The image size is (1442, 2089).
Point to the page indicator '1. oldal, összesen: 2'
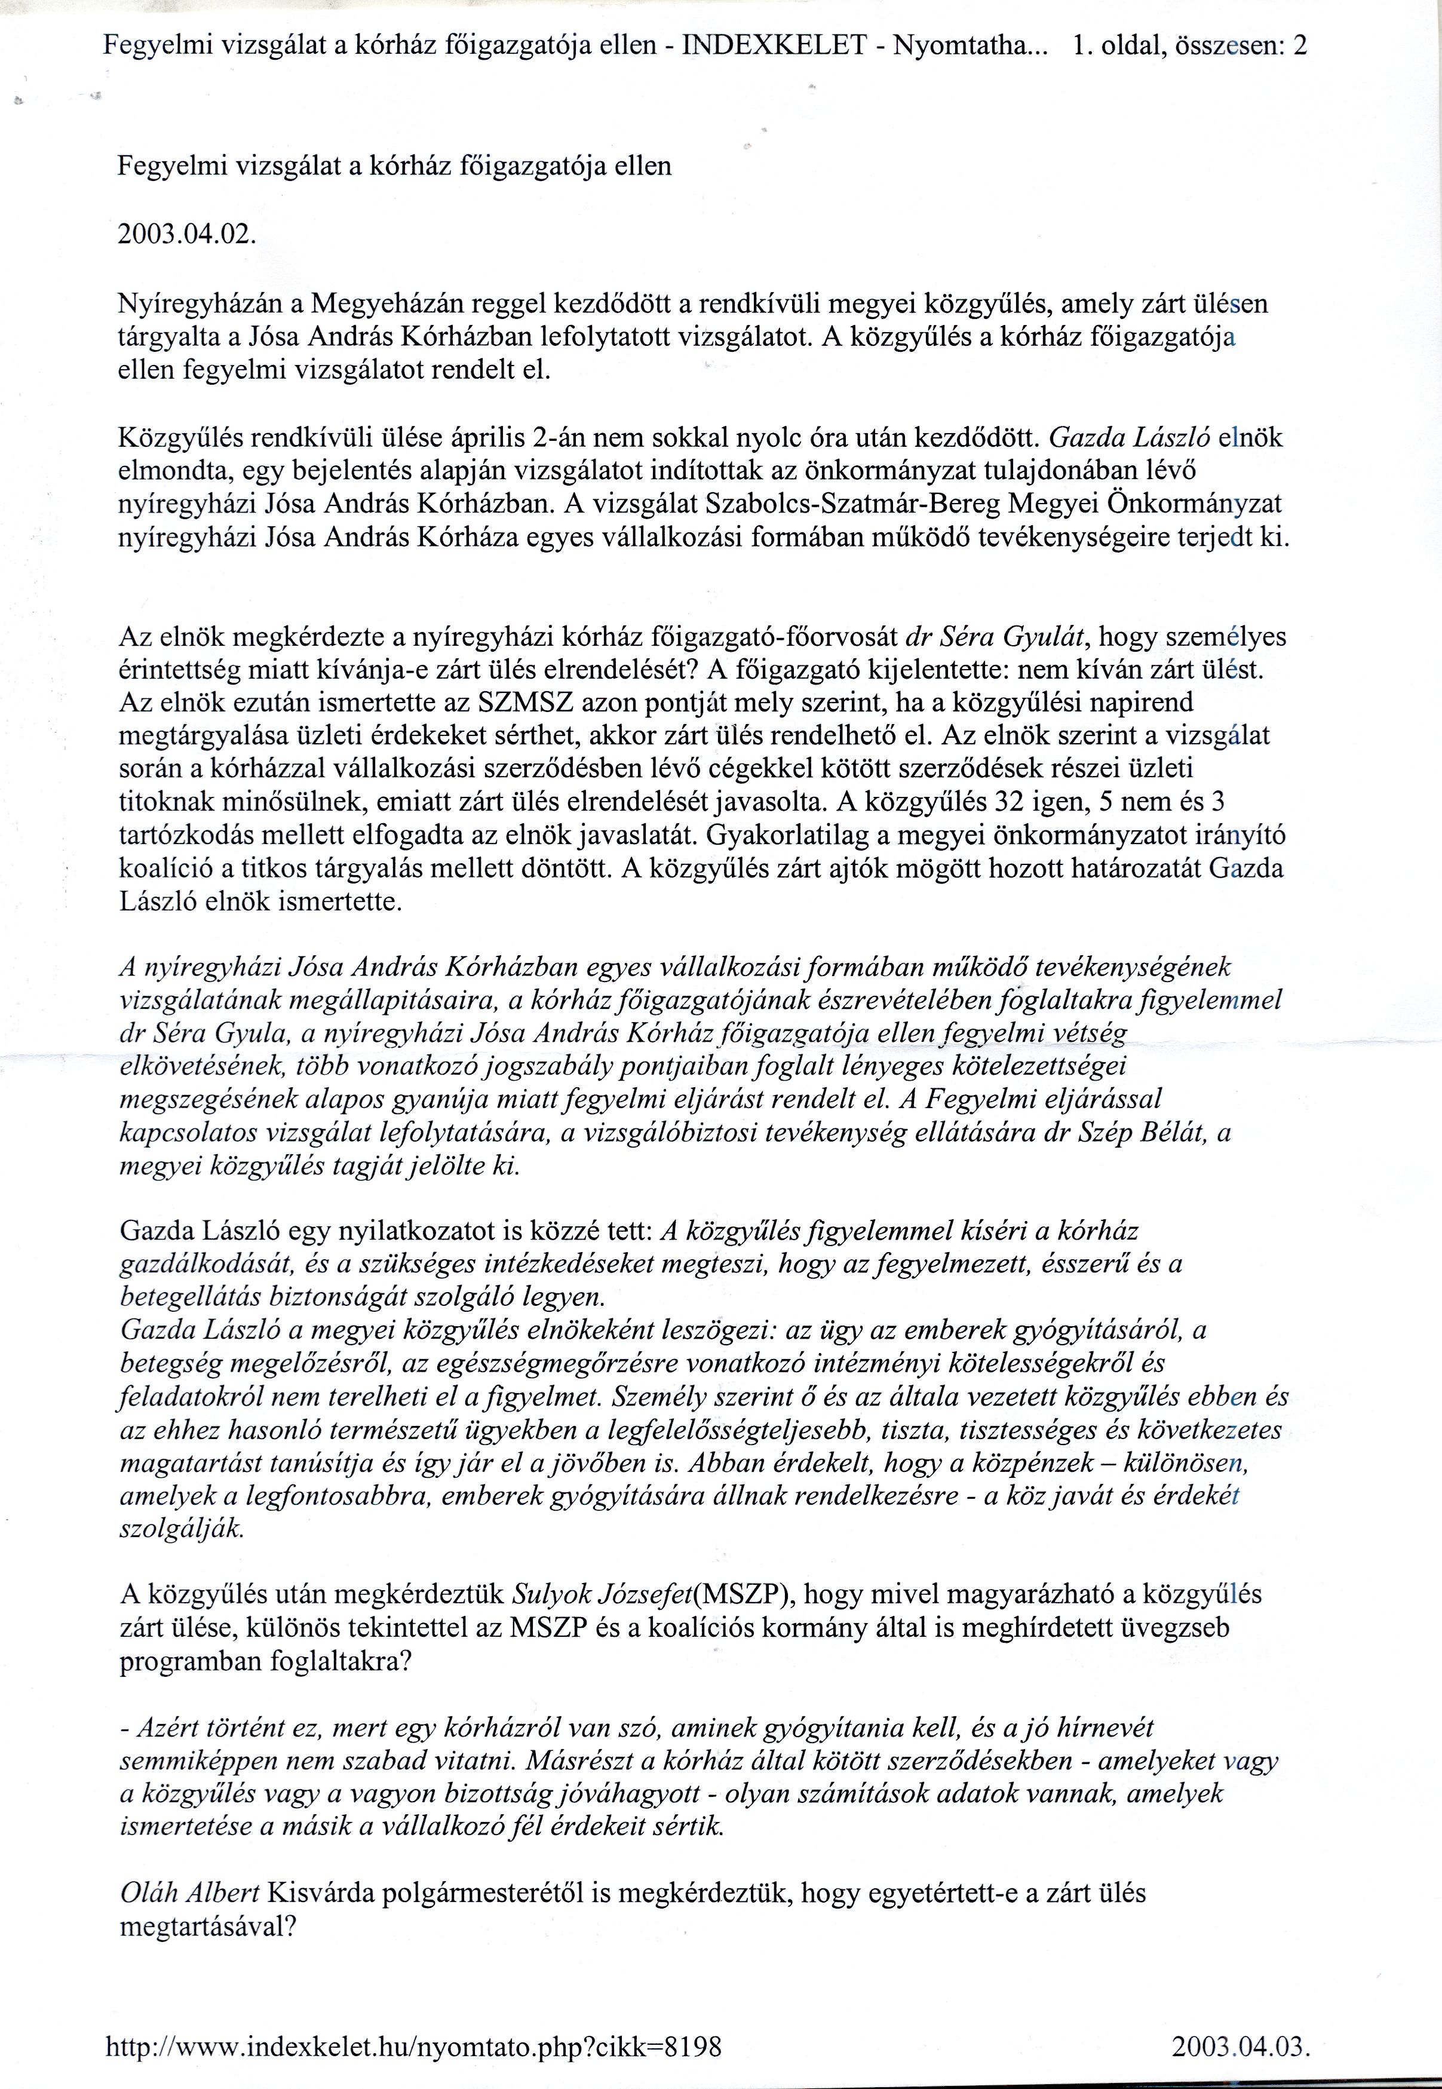point(1188,45)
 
